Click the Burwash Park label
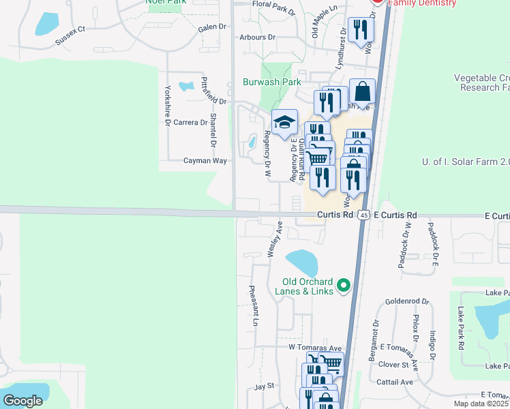point(272,82)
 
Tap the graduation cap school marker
point(284,123)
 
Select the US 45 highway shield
point(364,215)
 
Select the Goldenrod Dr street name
point(407,301)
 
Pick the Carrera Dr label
point(190,123)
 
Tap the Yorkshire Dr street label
point(167,106)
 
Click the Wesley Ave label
point(275,239)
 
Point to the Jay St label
point(264,386)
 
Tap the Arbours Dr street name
point(257,37)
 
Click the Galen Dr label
point(211,27)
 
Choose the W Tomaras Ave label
point(314,348)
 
